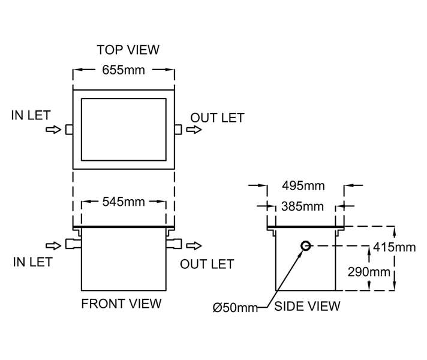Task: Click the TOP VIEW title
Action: click(128, 49)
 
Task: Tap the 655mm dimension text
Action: click(124, 70)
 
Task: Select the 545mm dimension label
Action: click(124, 202)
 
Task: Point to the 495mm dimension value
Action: click(305, 185)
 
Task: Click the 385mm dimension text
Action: click(302, 206)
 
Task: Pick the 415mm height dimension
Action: click(394, 247)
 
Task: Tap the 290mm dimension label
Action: click(369, 272)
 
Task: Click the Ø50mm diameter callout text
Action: click(235, 308)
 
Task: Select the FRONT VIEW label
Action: click(121, 304)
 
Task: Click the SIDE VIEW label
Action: click(307, 306)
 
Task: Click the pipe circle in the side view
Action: click(305, 245)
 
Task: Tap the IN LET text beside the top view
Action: click(31, 115)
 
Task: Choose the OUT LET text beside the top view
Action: click(217, 118)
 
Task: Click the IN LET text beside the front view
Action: click(32, 262)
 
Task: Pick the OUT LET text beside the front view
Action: click(207, 264)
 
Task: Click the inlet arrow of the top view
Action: click(53, 129)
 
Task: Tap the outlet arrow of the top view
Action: click(194, 129)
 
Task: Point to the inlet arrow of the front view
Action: click(53, 245)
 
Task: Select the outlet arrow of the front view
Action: click(194, 245)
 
